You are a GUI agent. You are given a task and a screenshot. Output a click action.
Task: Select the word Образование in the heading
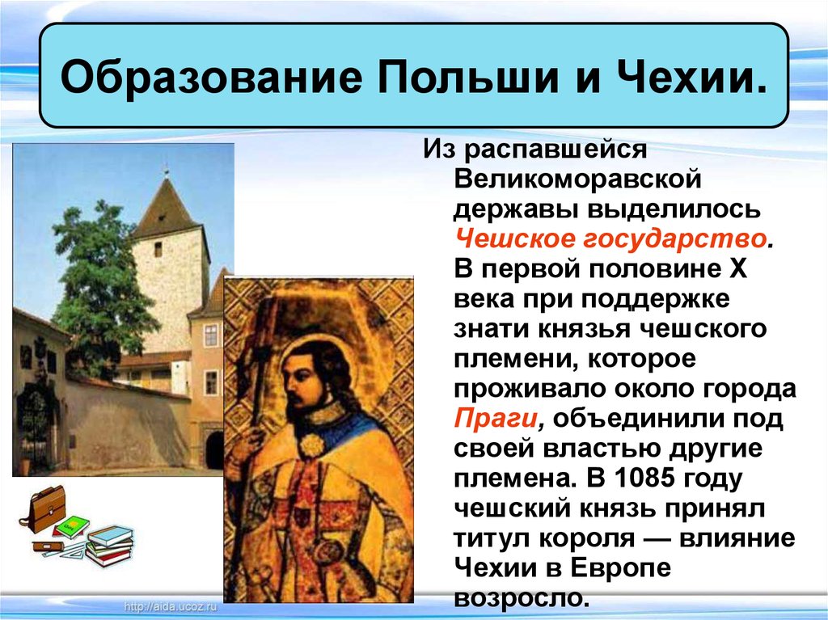point(212,77)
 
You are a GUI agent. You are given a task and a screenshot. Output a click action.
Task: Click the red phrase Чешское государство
point(610,239)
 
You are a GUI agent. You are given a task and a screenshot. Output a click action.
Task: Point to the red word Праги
point(496,420)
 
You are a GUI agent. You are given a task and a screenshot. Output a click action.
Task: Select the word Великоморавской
point(577,179)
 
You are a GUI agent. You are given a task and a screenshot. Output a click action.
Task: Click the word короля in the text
point(587,539)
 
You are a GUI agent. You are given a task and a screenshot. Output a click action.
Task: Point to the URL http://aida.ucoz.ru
point(170,606)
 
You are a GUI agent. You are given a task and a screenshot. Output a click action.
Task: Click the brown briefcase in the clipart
point(45,507)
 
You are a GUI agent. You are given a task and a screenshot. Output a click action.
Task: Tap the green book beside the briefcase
point(71,526)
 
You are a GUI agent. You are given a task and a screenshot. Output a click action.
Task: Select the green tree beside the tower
point(98,285)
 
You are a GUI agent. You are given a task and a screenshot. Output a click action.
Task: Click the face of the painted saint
point(300,377)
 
